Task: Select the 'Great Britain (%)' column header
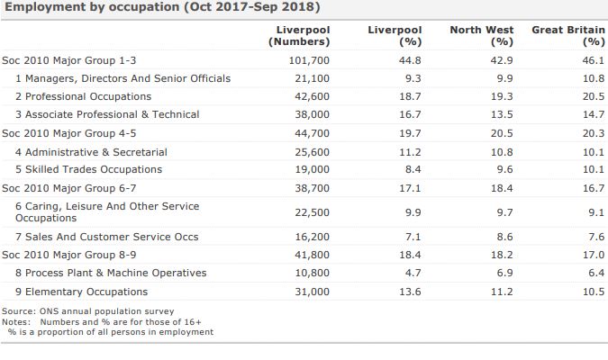point(567,35)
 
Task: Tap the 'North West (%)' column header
point(482,35)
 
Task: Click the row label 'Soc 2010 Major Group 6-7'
point(68,188)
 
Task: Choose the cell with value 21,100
point(313,78)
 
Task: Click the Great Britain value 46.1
point(593,60)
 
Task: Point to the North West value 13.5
point(502,114)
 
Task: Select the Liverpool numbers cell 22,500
point(313,212)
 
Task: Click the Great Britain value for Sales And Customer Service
point(595,237)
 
